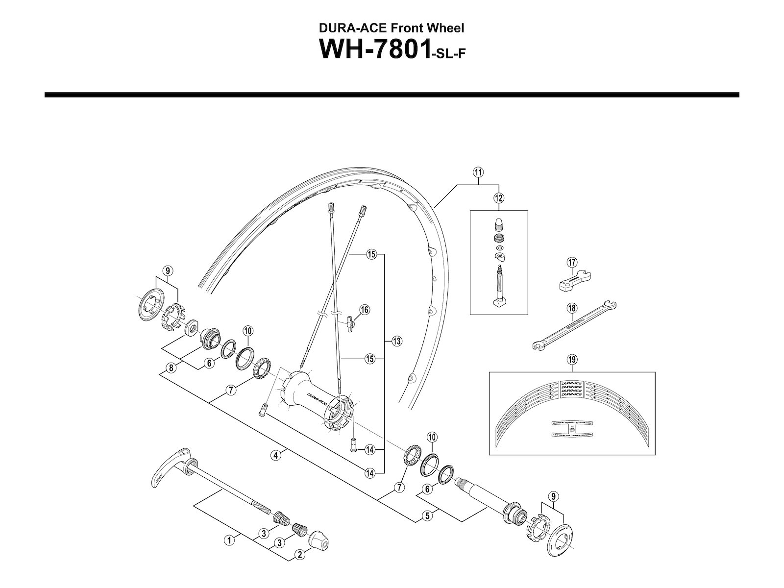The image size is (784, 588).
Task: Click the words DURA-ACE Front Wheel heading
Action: point(392,28)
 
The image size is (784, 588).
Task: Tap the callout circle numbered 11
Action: point(478,172)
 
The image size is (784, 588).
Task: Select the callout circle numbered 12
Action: point(499,198)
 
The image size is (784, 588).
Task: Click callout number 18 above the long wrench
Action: point(572,308)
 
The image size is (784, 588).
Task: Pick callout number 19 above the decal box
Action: point(572,360)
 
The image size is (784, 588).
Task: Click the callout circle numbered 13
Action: point(396,342)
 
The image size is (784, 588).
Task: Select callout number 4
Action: point(276,455)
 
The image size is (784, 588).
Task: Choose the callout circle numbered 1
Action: point(229,541)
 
